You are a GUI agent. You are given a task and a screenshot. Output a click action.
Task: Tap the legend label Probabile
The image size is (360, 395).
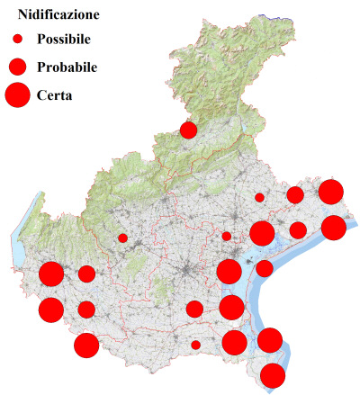click(67, 67)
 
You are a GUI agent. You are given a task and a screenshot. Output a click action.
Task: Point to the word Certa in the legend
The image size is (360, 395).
click(55, 94)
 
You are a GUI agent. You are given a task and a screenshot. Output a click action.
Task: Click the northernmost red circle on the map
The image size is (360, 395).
click(188, 130)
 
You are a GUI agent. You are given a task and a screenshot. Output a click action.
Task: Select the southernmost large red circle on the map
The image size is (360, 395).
click(273, 376)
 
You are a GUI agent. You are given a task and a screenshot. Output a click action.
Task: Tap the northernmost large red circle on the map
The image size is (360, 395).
click(331, 192)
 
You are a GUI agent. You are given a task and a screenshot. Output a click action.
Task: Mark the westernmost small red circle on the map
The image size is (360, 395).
click(122, 238)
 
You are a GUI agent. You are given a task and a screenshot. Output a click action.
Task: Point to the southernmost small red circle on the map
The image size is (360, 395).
click(195, 345)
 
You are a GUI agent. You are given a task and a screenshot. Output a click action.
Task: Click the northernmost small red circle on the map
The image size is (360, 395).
click(259, 197)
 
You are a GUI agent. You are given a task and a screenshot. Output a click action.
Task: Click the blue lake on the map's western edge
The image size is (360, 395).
click(19, 241)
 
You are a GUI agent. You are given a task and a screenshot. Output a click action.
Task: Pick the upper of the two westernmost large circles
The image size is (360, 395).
click(51, 274)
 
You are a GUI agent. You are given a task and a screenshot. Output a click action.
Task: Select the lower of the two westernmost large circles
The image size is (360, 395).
click(51, 310)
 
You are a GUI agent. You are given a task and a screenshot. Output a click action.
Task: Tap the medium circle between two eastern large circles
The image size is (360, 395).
click(298, 230)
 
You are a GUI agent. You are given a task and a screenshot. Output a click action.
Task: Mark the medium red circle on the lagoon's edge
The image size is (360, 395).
click(265, 268)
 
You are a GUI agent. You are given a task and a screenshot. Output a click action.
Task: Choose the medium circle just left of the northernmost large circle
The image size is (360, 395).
click(295, 195)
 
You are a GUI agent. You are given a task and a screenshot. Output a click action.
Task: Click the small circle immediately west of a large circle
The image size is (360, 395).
click(227, 237)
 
